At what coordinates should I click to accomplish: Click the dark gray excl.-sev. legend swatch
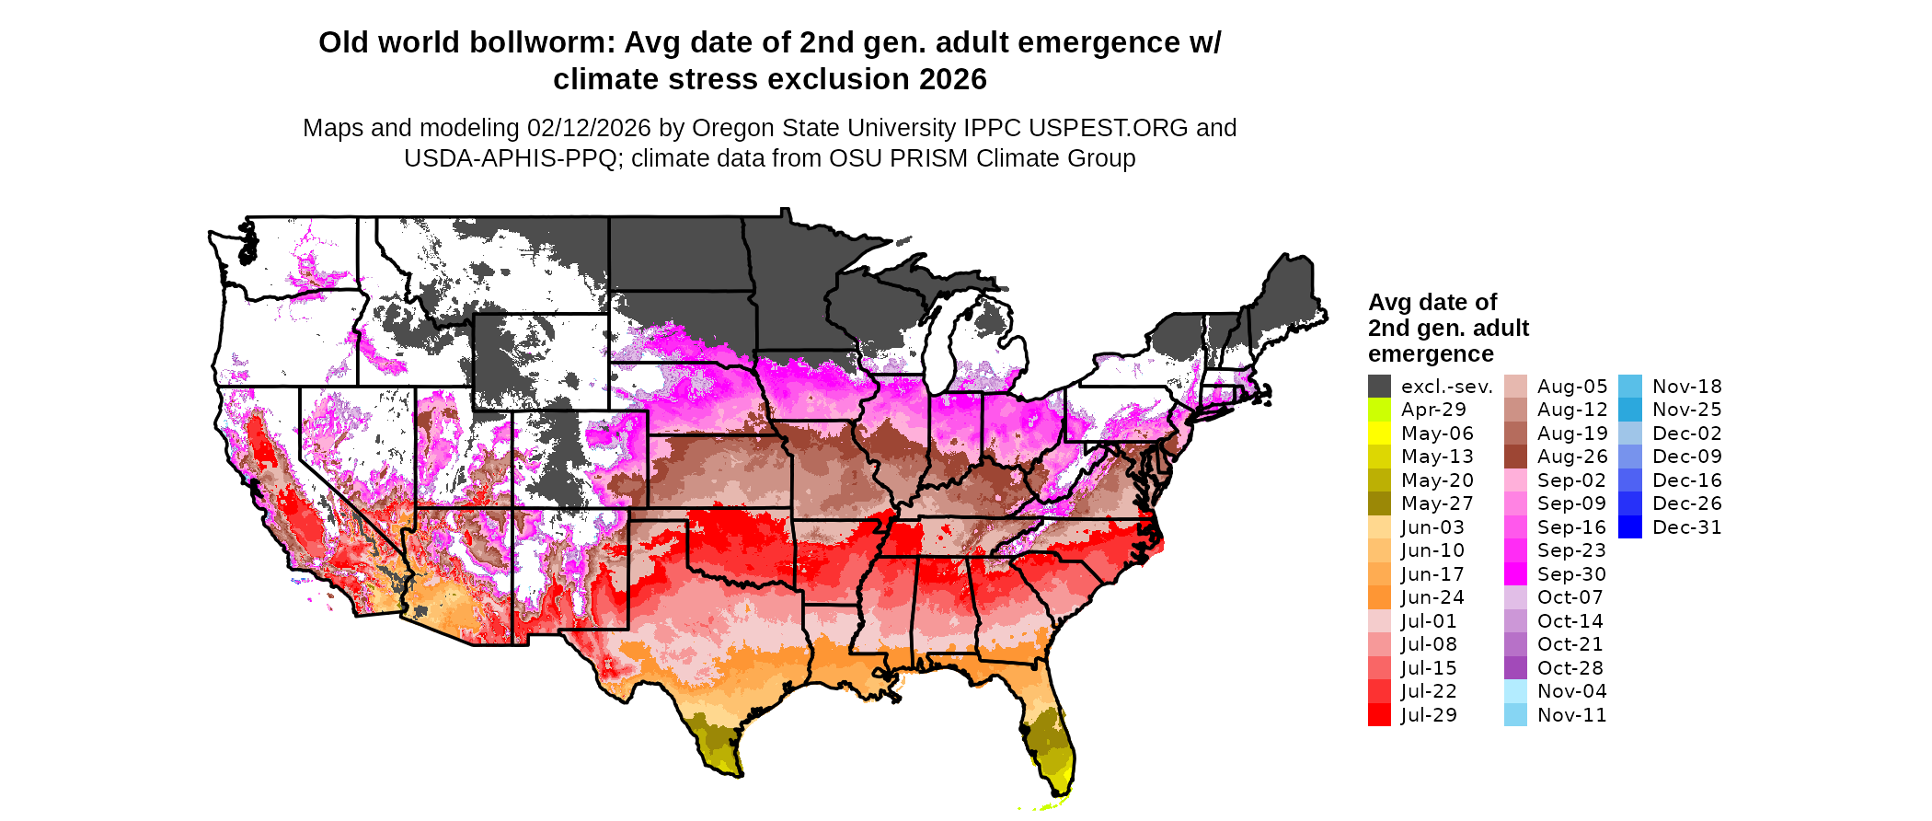pos(1379,387)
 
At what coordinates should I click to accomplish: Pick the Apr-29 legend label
pos(1433,410)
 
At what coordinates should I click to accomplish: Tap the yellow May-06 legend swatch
pos(1379,434)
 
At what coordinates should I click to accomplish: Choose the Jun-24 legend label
pos(1432,597)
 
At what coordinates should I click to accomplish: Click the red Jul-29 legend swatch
pos(1379,715)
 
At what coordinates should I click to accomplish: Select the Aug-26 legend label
pos(1572,457)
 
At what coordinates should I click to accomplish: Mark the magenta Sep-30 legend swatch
pos(1515,574)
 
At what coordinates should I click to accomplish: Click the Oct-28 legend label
pos(1570,668)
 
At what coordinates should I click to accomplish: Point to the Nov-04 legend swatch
pos(1515,691)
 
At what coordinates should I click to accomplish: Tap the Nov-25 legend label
pos(1686,410)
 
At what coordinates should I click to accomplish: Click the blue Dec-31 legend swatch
pos(1629,527)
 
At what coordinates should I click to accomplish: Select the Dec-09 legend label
pos(1686,457)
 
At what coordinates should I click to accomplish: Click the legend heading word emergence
pos(1431,354)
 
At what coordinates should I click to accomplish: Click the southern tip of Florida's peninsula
pos(1058,795)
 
